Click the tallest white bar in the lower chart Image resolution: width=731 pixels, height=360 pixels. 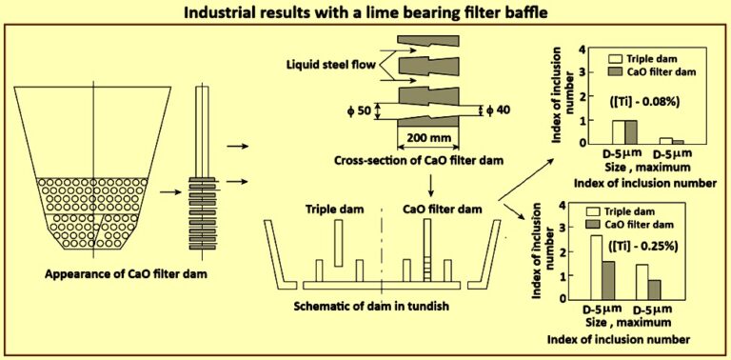tap(598, 267)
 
